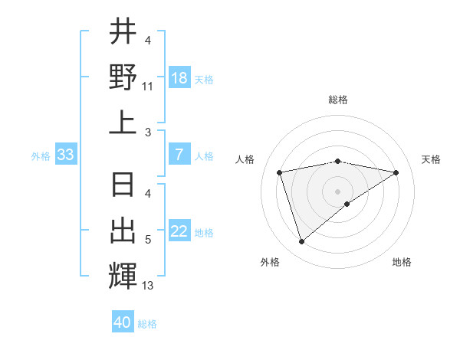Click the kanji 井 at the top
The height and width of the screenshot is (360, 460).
(x=123, y=32)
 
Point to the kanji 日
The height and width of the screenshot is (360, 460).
(x=123, y=186)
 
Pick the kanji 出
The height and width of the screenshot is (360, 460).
(x=123, y=231)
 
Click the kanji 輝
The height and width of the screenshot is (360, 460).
(x=123, y=276)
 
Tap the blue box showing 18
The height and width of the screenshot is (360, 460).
(x=179, y=78)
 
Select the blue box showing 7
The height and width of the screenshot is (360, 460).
(x=179, y=155)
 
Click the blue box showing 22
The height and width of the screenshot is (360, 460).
(x=179, y=232)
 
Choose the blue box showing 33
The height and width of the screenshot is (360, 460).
(x=65, y=155)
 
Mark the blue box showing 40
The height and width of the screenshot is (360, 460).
(x=123, y=322)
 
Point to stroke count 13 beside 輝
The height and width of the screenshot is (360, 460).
(x=148, y=286)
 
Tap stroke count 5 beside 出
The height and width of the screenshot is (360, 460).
(x=148, y=241)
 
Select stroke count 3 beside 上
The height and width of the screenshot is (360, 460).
(x=148, y=133)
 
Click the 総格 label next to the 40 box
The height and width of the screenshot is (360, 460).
(x=147, y=324)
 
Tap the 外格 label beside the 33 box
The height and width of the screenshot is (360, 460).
(x=41, y=156)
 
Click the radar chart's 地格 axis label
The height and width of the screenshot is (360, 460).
(x=402, y=262)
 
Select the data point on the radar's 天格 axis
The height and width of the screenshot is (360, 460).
(x=396, y=172)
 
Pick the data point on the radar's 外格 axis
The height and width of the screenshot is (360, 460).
(x=302, y=241)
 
